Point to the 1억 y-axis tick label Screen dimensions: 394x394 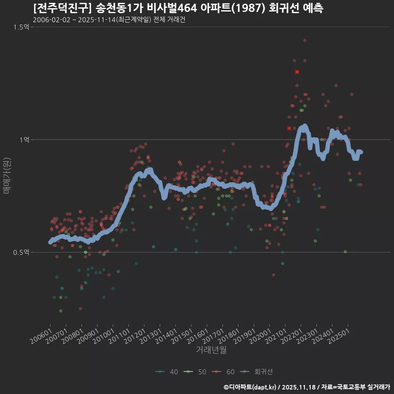tap(25, 140)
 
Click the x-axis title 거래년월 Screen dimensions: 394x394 tap(211, 350)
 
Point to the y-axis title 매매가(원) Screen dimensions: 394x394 tap(7, 175)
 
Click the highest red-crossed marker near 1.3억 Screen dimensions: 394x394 tap(297, 72)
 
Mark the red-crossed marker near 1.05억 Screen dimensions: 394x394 tap(289, 128)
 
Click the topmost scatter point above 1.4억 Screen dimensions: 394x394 tap(305, 40)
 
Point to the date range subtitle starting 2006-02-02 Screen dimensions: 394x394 tap(109, 20)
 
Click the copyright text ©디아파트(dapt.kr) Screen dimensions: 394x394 tap(250, 387)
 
